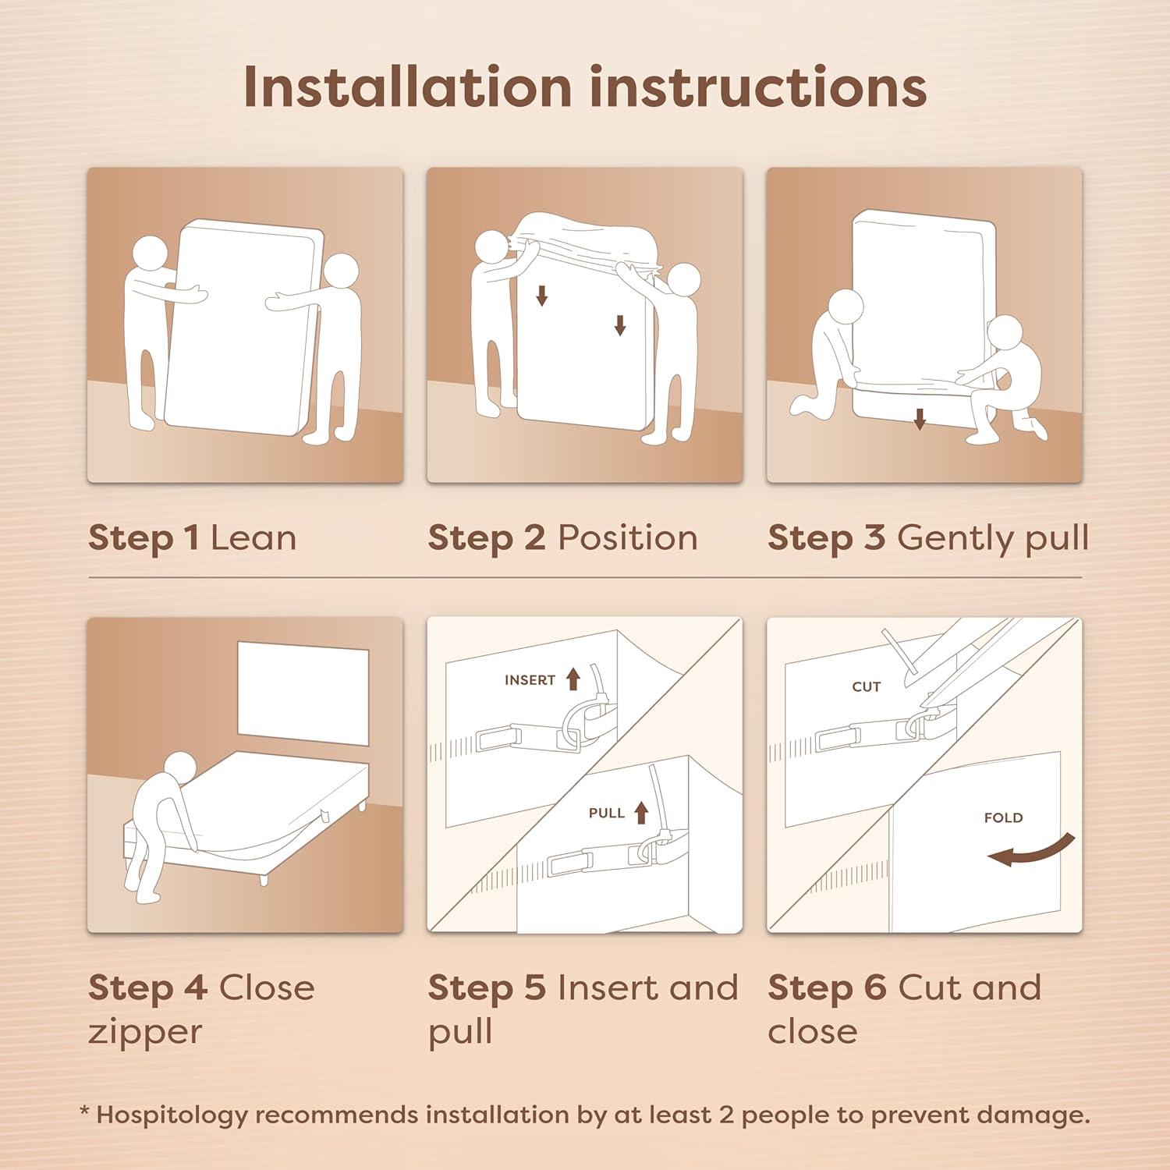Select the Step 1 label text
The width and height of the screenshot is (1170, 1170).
[x=144, y=538]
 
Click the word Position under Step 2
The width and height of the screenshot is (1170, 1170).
[x=628, y=538]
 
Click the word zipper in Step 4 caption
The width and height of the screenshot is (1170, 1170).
[x=145, y=1032]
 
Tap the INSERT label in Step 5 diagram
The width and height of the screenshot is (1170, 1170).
[x=530, y=680]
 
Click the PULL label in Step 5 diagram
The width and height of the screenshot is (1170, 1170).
[x=606, y=813]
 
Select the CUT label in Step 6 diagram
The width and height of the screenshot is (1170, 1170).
[x=866, y=686]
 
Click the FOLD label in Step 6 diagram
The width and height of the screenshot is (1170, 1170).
[x=1003, y=817]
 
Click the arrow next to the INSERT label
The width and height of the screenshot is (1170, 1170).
[x=573, y=679]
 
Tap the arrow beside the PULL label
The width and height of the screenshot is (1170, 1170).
[x=641, y=812]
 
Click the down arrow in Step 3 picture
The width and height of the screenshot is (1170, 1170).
[x=920, y=420]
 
